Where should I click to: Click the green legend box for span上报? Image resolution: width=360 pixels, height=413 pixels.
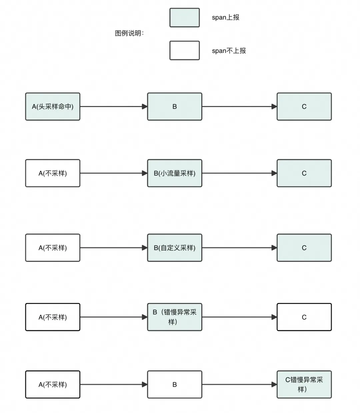point(184,18)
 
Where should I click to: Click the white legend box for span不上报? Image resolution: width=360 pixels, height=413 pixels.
point(184,50)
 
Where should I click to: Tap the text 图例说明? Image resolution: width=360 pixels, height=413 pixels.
point(129,33)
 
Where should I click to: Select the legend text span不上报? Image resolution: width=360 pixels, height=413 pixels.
point(229,51)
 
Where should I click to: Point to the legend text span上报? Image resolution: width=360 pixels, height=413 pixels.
point(226,18)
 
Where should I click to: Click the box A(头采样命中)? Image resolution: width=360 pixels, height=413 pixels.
point(53,107)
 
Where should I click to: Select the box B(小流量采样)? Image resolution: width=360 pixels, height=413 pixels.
point(175,173)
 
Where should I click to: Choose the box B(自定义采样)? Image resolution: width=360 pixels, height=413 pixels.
point(175,248)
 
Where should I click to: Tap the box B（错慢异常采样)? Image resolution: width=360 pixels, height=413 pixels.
point(175,317)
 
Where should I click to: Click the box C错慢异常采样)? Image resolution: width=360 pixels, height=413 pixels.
point(304,384)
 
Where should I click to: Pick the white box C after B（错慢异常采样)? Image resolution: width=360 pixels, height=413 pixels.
point(304,317)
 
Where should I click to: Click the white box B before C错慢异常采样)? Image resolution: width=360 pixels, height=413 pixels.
point(175,384)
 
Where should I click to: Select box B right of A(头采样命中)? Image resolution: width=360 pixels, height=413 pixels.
point(175,107)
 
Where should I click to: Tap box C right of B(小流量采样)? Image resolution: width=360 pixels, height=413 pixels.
point(304,173)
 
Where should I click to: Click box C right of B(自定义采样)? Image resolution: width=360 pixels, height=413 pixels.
point(304,248)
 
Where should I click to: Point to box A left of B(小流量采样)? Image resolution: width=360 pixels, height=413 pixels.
point(53,173)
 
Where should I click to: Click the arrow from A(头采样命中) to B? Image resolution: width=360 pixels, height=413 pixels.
point(114,107)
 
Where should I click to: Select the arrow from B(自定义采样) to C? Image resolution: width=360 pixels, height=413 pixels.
point(239,248)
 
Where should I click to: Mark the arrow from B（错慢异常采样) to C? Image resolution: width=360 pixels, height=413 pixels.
point(239,317)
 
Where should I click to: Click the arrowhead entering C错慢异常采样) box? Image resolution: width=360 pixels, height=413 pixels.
point(274,384)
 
